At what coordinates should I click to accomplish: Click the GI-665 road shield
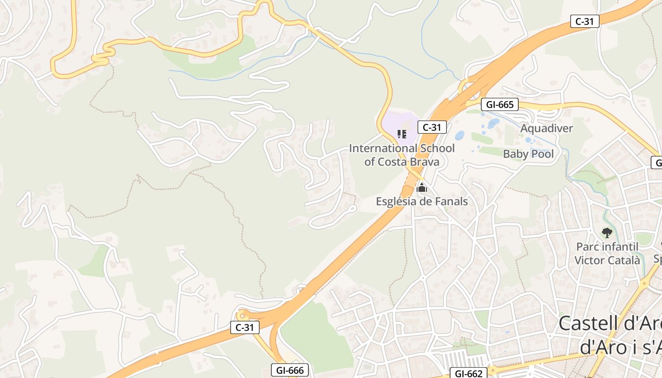500,104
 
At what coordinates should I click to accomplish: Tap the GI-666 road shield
290,370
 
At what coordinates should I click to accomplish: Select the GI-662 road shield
468,373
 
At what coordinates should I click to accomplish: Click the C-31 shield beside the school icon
432,127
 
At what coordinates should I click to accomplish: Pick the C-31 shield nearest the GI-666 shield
245,327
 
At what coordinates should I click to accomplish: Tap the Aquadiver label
547,129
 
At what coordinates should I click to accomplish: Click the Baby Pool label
528,154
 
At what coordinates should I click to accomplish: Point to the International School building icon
402,134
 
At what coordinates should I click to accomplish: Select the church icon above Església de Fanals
422,189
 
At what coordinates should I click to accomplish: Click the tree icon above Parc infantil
607,232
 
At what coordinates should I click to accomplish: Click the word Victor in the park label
589,260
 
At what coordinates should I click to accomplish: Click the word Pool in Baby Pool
542,154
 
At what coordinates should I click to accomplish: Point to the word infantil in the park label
617,247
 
